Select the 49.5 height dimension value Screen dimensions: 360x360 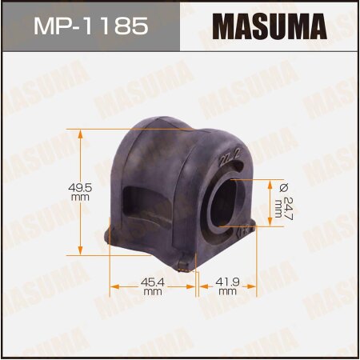coord(78,187)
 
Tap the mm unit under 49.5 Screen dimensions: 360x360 coord(78,196)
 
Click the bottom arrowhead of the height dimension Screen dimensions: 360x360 coord(82,249)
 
